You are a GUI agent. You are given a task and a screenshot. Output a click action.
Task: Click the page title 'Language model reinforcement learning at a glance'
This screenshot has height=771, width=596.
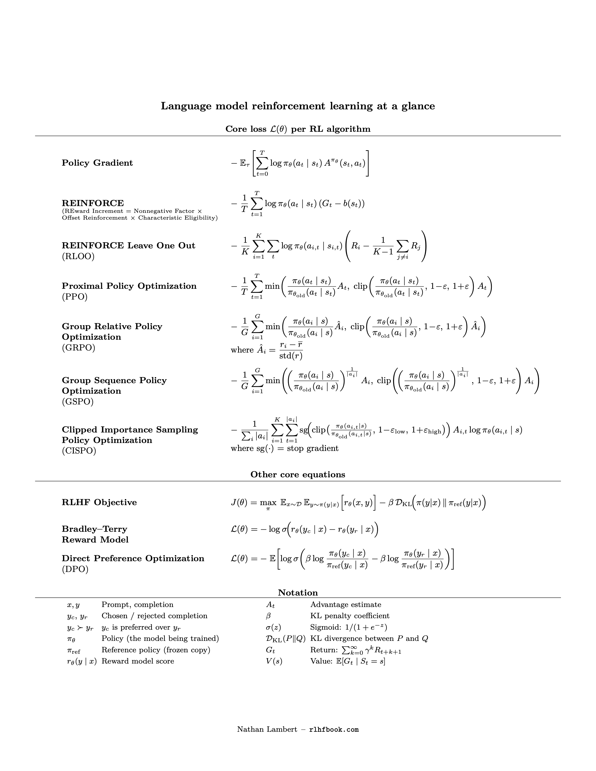click(x=298, y=106)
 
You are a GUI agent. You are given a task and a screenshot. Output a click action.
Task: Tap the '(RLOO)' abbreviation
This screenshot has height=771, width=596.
click(x=78, y=256)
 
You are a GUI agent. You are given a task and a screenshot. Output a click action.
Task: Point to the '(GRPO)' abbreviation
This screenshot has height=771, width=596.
click(x=78, y=348)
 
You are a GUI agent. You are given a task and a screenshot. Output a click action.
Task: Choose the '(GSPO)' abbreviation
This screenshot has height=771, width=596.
click(x=78, y=402)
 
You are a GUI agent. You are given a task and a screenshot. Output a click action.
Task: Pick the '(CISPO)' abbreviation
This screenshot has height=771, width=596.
click(x=79, y=451)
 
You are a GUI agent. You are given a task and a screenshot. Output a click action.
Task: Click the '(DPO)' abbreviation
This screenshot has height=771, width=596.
click(x=75, y=569)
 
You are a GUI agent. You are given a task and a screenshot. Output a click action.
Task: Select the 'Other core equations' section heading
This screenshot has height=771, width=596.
click(x=298, y=475)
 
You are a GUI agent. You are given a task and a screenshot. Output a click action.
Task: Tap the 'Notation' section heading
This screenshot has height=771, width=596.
click(x=298, y=593)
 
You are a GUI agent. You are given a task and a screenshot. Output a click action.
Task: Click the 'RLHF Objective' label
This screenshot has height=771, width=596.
click(x=99, y=502)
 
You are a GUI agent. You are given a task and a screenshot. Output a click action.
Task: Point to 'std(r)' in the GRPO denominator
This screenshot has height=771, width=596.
click(x=291, y=356)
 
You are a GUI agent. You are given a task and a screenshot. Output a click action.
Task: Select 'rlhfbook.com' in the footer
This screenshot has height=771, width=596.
click(x=334, y=730)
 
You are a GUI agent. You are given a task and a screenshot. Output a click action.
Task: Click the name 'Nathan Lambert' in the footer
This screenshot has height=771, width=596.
click(x=267, y=729)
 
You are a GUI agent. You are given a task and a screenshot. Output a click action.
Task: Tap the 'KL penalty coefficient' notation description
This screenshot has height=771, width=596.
click(x=350, y=616)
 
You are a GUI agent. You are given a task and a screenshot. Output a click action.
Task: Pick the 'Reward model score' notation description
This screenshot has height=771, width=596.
click(x=138, y=661)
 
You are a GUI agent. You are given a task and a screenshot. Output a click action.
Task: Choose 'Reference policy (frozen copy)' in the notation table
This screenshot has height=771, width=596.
click(x=156, y=650)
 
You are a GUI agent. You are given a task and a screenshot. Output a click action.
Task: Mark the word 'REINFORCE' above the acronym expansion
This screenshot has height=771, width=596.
click(x=93, y=203)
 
